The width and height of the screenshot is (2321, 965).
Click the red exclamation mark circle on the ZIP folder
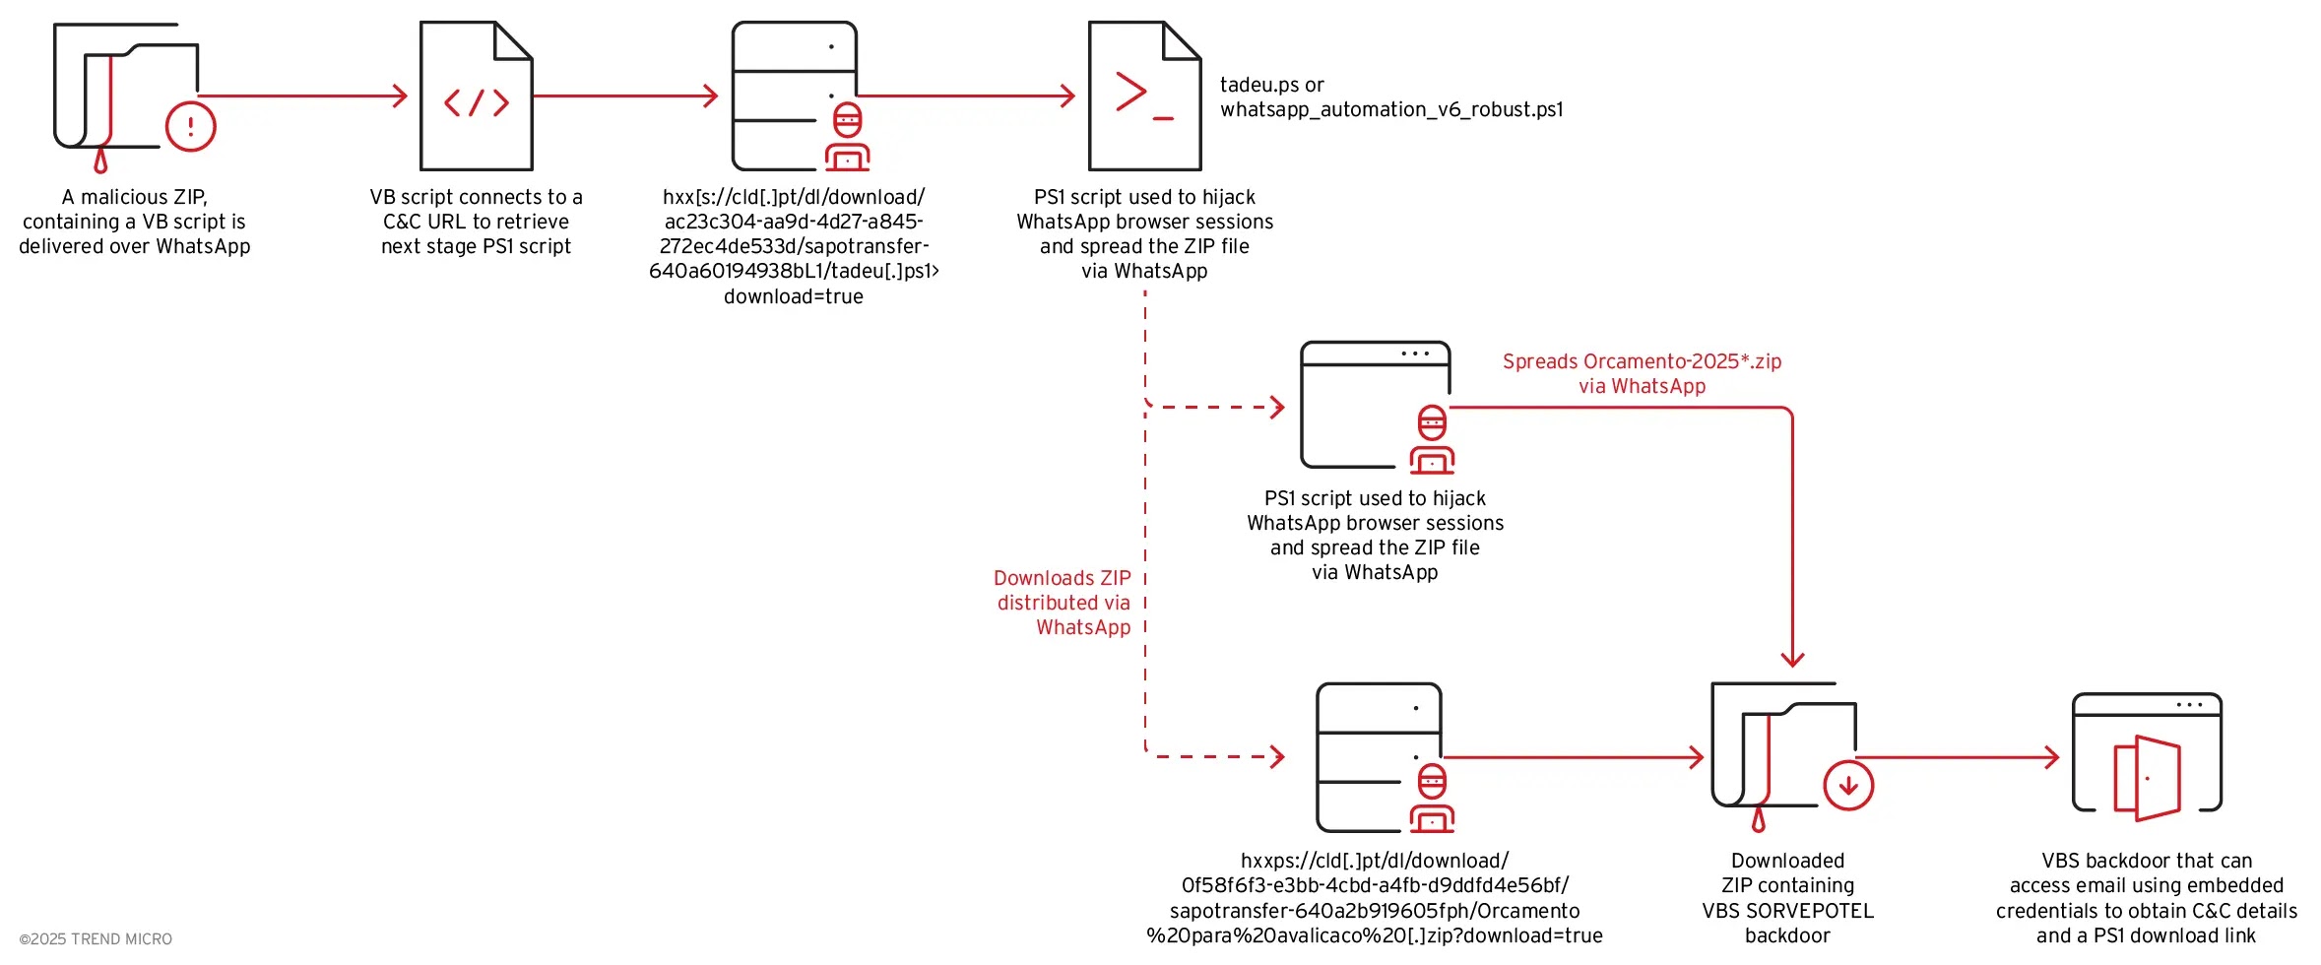coord(190,126)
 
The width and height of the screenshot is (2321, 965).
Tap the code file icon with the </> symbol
coord(477,96)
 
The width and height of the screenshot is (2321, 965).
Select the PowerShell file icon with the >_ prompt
coord(1144,96)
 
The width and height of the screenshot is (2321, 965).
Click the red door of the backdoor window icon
coord(2148,778)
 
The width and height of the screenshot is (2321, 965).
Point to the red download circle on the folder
coord(1847,786)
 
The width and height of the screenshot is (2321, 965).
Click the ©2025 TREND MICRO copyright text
coord(96,939)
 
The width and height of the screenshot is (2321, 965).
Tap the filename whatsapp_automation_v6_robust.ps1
coord(1391,109)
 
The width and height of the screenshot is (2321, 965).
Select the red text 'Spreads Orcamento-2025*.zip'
coord(1642,361)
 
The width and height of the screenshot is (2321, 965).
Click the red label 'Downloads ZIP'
coord(1062,578)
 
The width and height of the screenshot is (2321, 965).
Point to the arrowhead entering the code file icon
coord(400,96)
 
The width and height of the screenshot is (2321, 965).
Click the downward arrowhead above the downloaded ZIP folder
coord(1792,658)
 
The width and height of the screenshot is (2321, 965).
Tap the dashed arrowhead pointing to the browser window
coord(1277,407)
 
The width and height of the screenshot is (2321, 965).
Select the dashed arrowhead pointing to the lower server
coord(1277,757)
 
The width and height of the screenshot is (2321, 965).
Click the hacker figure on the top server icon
coord(847,138)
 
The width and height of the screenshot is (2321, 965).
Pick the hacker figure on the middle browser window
coord(1432,440)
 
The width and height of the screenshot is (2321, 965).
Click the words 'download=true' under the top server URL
coord(794,296)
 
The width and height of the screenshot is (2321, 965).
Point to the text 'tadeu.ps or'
coord(1271,85)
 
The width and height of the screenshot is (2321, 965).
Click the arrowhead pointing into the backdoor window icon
coord(2052,757)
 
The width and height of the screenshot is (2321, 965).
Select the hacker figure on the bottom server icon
coord(1432,799)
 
